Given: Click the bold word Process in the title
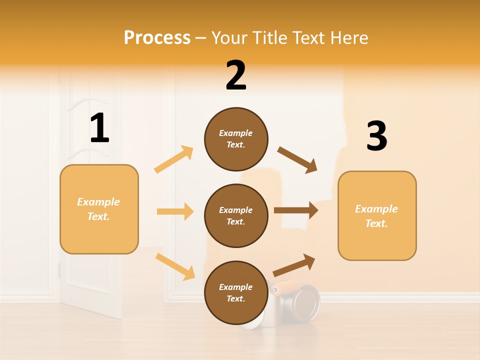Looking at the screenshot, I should click(x=157, y=37).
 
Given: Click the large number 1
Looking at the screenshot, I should click(x=99, y=128).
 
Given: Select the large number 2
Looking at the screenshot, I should click(x=236, y=76).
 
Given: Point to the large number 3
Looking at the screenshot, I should click(x=376, y=136).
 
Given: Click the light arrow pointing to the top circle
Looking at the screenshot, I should click(x=174, y=159).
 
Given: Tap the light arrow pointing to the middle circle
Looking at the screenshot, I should click(x=175, y=211).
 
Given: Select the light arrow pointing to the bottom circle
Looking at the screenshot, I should click(x=175, y=266).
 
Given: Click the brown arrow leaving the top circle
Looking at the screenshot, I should click(x=297, y=159).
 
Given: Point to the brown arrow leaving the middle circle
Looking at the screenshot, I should click(x=296, y=210).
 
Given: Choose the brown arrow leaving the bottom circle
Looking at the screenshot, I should click(x=294, y=265).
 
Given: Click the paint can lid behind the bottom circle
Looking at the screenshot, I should click(x=306, y=301).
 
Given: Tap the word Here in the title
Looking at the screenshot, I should click(x=350, y=37).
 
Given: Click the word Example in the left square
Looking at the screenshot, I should click(x=98, y=202).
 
